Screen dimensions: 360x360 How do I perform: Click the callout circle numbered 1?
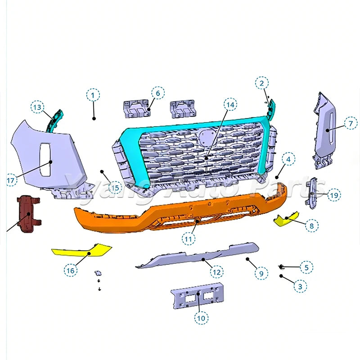93,95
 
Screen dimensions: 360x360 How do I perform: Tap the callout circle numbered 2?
262,83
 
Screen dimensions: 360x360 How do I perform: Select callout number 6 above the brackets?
158,93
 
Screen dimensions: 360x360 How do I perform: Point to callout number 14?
230,105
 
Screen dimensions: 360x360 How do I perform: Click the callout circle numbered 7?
351,123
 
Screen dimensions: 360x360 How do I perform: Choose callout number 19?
334,195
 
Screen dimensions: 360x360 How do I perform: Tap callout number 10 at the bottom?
201,318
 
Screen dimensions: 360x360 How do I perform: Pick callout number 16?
71,270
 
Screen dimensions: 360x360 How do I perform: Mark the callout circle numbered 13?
37,107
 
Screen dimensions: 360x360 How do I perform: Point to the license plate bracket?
197,296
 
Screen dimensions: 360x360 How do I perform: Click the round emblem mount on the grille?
206,137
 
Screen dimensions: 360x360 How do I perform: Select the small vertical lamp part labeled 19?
312,193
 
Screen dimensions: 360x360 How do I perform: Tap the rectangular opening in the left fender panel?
45,160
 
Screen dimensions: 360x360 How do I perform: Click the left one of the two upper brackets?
137,108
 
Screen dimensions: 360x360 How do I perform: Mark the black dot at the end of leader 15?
102,171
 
